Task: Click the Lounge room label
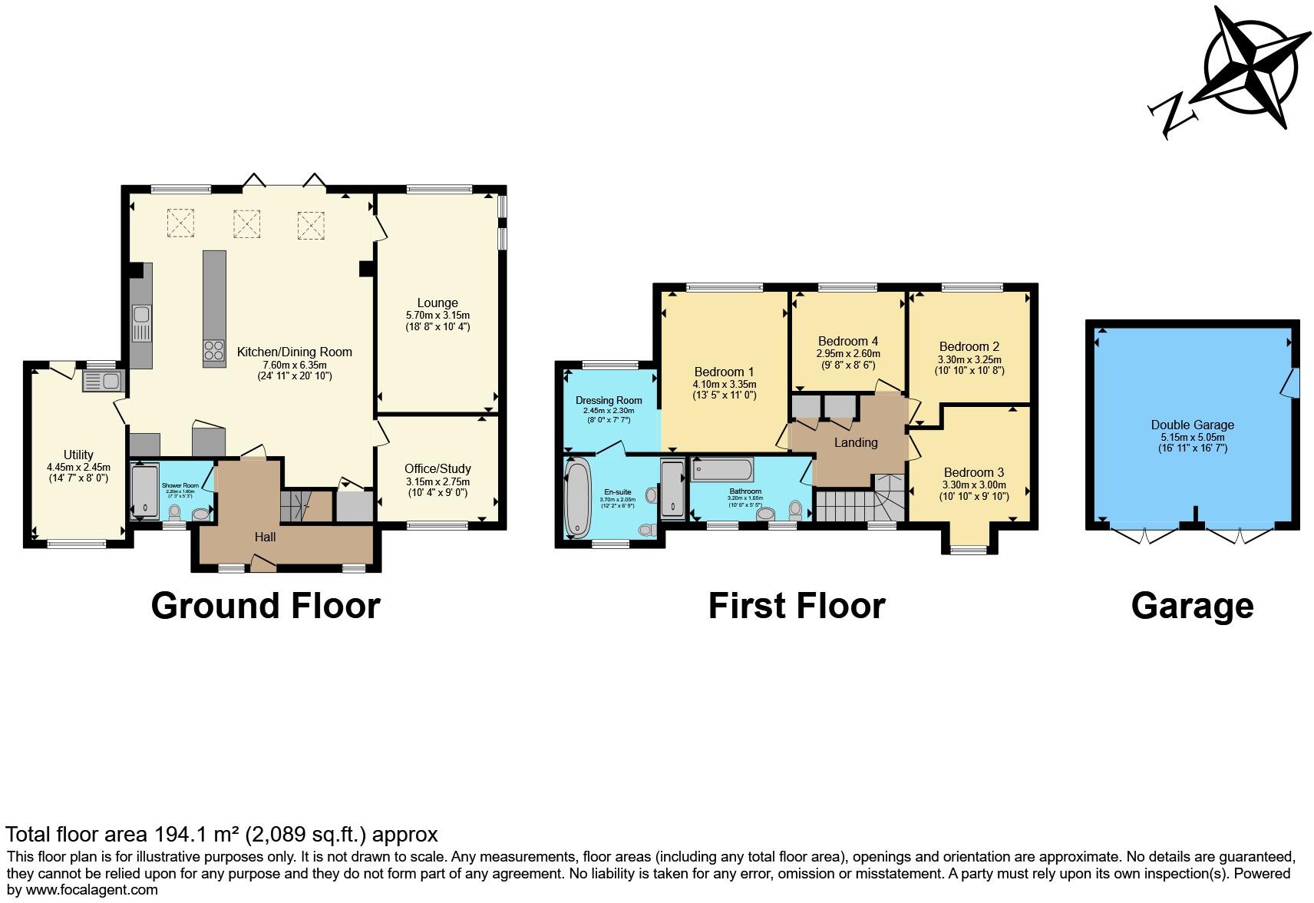pos(437,303)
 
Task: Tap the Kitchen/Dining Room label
pos(294,352)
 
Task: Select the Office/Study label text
pos(437,468)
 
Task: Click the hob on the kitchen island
pos(214,350)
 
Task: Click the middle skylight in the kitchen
pos(246,224)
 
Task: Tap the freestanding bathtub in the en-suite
pos(576,498)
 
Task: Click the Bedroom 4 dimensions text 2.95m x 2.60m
pos(847,354)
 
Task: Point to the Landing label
pos(855,442)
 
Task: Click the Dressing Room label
pos(609,400)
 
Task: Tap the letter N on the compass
pos(1173,115)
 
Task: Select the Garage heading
pos(1192,606)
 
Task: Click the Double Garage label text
pos(1192,425)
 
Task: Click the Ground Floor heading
pos(266,606)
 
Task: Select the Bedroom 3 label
pos(973,472)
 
